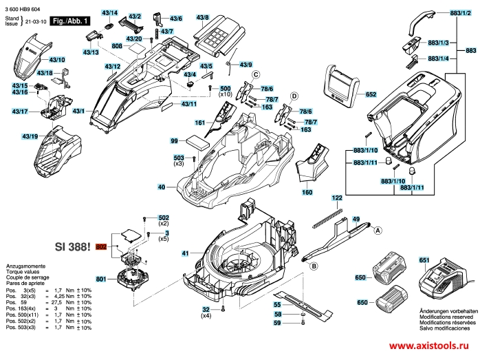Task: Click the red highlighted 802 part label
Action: click(x=102, y=246)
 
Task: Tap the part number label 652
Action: click(x=371, y=94)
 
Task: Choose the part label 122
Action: click(x=337, y=198)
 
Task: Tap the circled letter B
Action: click(x=314, y=266)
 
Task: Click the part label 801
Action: click(x=101, y=279)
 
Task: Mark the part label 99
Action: click(x=175, y=140)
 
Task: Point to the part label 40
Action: click(x=161, y=187)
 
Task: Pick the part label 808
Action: click(x=117, y=46)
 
